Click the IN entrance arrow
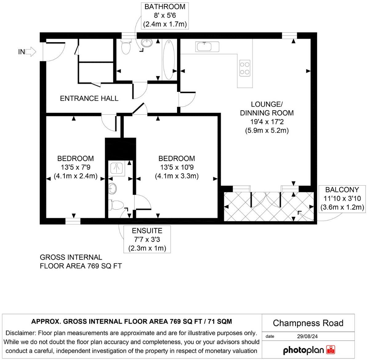[x=30, y=52]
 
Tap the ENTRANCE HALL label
[x=89, y=98]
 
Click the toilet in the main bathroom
[x=126, y=47]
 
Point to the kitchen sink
[x=207, y=47]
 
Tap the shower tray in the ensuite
[x=117, y=168]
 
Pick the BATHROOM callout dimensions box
[x=165, y=15]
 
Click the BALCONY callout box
[x=342, y=198]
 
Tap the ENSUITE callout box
[x=147, y=239]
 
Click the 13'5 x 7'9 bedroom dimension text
[x=75, y=167]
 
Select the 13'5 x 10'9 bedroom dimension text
[x=176, y=167]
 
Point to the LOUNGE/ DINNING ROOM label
[x=267, y=108]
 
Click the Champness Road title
[x=308, y=323]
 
